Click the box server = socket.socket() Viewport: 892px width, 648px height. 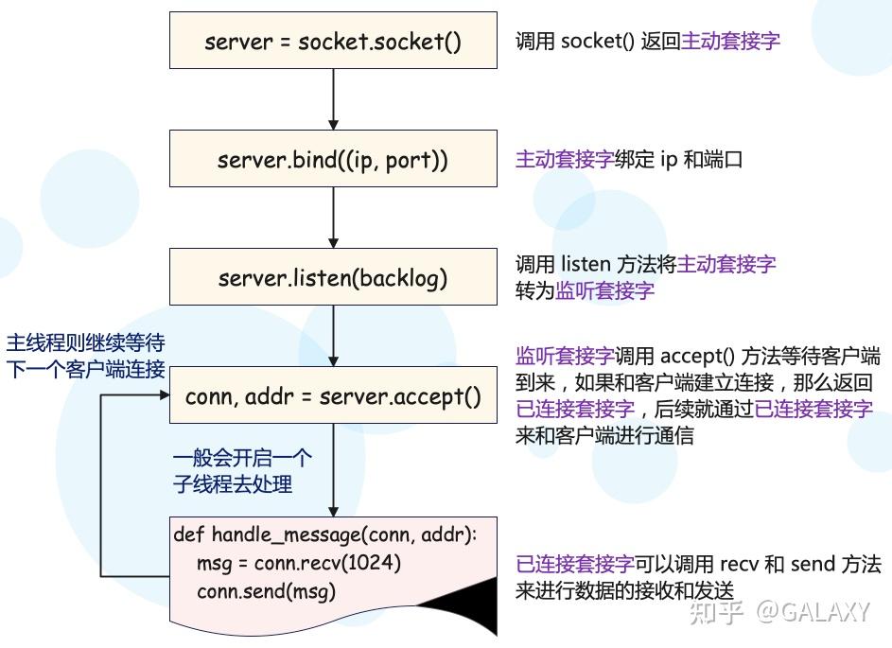(x=333, y=42)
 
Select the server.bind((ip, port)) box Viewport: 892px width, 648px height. (x=333, y=160)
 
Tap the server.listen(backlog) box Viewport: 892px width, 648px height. (x=333, y=278)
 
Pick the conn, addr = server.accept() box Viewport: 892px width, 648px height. (x=333, y=396)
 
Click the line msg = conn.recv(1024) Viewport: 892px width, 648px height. (x=299, y=563)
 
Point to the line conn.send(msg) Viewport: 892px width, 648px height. (x=267, y=591)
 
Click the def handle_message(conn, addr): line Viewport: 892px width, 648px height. (x=325, y=535)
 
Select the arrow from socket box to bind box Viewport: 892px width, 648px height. (x=333, y=99)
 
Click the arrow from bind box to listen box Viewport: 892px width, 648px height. (x=333, y=218)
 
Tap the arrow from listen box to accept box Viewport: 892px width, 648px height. (x=333, y=336)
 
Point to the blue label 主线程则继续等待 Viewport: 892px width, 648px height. (x=85, y=342)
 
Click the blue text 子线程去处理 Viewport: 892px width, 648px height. (x=232, y=484)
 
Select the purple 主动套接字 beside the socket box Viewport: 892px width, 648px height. (x=730, y=41)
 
